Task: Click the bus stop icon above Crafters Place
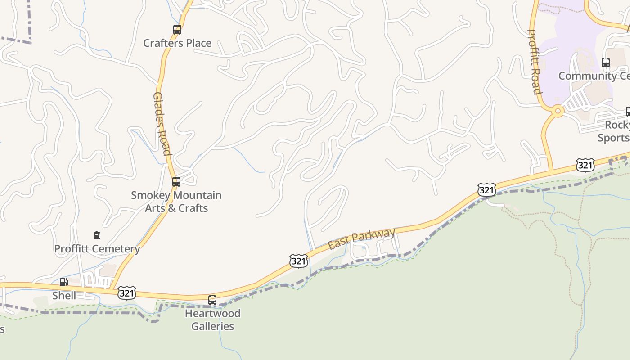click(177, 30)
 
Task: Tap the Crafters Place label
click(177, 43)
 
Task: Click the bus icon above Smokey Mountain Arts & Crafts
click(176, 182)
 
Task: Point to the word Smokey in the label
click(150, 195)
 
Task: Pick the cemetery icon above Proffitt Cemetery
click(96, 235)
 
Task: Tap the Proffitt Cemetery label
click(97, 249)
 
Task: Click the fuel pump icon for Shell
click(63, 283)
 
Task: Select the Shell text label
click(64, 296)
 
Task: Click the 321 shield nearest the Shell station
click(127, 293)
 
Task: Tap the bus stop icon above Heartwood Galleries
click(212, 300)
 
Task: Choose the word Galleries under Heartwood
click(213, 326)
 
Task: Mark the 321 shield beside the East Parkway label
click(299, 261)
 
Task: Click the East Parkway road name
click(362, 238)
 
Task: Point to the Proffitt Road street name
click(534, 62)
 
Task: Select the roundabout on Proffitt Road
click(558, 111)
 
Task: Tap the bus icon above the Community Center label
click(606, 63)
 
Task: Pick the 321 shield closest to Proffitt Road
click(585, 165)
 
